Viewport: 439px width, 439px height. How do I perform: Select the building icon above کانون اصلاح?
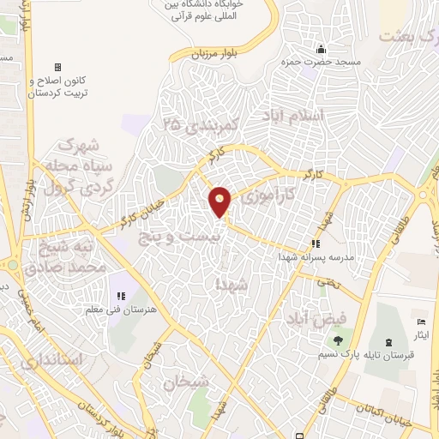[x=58, y=67]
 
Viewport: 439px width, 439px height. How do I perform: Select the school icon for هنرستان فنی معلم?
[x=121, y=297]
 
